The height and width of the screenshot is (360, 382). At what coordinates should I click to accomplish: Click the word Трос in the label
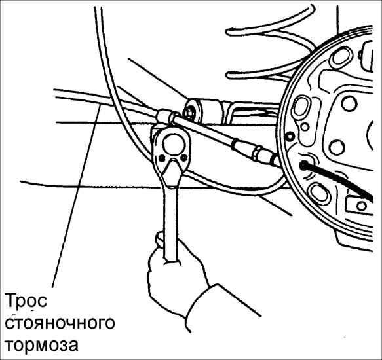pos(26,301)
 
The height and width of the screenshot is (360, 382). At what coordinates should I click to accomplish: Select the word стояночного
pos(60,323)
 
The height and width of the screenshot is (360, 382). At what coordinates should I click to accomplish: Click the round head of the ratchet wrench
pos(173,145)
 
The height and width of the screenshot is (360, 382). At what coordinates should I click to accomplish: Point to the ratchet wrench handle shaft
pos(170,219)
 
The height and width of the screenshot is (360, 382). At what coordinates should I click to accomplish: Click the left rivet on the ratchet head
pos(161,158)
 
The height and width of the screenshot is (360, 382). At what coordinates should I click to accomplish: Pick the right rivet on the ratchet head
pos(184,158)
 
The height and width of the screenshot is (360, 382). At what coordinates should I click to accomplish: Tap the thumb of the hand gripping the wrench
pos(160,240)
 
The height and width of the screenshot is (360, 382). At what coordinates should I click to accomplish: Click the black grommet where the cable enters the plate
pos(303,166)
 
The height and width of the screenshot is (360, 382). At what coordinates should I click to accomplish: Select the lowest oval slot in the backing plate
pos(320,194)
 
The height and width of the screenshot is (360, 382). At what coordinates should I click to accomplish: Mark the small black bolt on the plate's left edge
pos(290,137)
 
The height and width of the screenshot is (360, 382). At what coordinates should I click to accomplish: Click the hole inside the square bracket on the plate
pos(361,206)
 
